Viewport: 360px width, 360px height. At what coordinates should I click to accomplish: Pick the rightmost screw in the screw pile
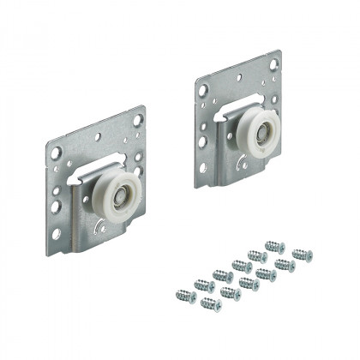(x=302, y=255)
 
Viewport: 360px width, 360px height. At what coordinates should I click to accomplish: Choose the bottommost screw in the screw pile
(x=208, y=303)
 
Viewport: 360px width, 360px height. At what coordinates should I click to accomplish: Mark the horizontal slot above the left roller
(x=105, y=158)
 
